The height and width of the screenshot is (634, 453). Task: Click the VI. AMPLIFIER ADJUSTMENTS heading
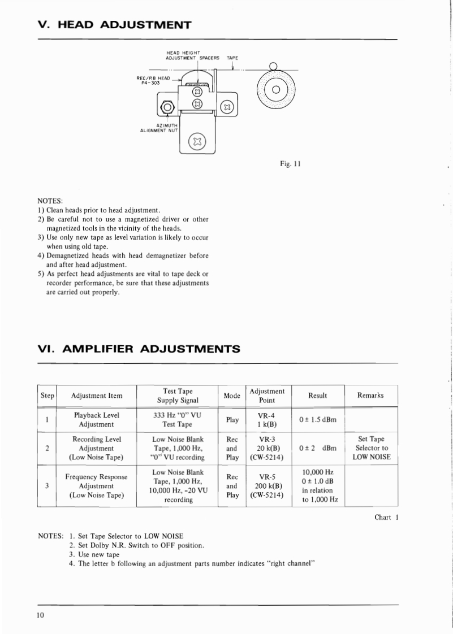point(139,349)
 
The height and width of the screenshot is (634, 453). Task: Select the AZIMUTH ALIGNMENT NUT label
point(159,128)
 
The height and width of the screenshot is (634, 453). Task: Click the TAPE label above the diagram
point(232,58)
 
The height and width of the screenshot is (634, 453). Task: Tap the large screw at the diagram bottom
point(197,140)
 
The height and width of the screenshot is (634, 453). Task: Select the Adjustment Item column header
point(97,396)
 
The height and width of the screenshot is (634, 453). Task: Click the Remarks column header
point(370,396)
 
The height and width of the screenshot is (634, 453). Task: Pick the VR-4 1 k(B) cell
point(266,419)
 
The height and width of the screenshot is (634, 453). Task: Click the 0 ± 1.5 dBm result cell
point(317,419)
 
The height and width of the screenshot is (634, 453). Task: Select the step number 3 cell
point(47,485)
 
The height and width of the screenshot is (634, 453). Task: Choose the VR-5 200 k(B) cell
point(266,485)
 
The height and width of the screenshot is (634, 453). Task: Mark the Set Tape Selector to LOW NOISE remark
point(372,448)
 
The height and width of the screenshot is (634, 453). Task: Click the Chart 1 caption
point(386,518)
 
